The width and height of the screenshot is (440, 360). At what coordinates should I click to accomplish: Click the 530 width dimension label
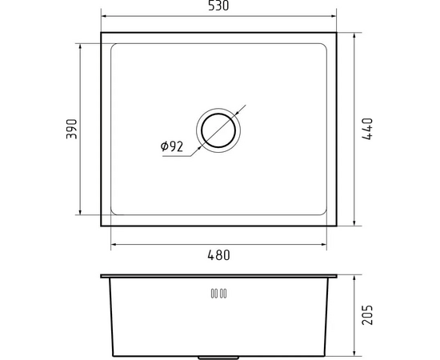pyautogui.click(x=218, y=6)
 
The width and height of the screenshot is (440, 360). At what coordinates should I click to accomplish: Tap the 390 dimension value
pyautogui.click(x=71, y=129)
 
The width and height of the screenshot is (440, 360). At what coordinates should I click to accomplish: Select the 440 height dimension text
pyautogui.click(x=368, y=129)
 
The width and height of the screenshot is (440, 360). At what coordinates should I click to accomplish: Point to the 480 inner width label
pyautogui.click(x=218, y=255)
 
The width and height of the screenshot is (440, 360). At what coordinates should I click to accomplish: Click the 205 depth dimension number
pyautogui.click(x=368, y=315)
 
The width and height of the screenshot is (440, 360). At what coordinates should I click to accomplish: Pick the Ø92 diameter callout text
pyautogui.click(x=172, y=146)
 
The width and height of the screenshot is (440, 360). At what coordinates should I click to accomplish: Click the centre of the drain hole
pyautogui.click(x=218, y=130)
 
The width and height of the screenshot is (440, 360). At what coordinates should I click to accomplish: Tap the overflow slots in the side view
pyautogui.click(x=218, y=294)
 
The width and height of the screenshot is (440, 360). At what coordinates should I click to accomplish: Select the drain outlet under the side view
pyautogui.click(x=218, y=358)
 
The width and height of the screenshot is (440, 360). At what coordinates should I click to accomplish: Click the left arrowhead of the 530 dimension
pyautogui.click(x=103, y=16)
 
